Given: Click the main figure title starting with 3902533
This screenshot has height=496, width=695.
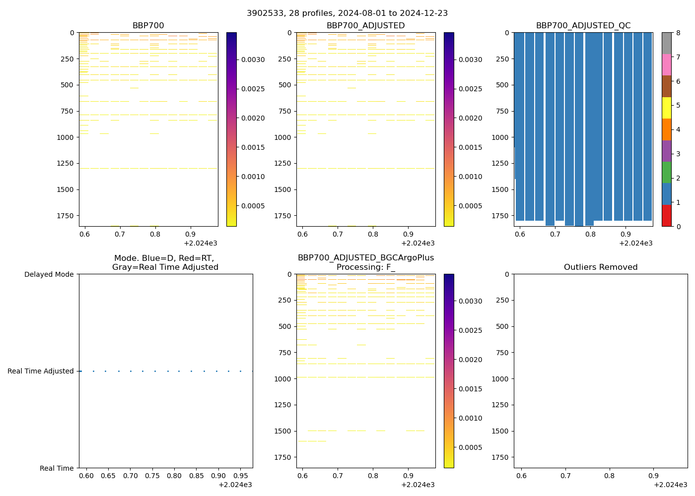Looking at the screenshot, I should point(347,13).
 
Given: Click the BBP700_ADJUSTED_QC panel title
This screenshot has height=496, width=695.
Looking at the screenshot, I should point(583,26).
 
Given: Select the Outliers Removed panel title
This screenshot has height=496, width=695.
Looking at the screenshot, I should point(600,267).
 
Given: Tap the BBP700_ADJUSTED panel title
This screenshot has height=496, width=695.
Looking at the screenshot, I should point(365,26).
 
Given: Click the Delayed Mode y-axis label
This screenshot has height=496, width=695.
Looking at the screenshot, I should point(49,274).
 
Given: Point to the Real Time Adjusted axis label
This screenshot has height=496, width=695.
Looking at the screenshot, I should point(41,371).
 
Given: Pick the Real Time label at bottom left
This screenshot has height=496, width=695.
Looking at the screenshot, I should point(57,468).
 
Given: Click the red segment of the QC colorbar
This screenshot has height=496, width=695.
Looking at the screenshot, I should point(666,215).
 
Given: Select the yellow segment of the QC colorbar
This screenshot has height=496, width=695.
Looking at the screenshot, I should point(666,108).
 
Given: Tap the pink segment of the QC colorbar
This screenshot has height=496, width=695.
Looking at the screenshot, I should point(666,64).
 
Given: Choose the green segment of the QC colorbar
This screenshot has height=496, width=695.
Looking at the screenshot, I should point(666,172).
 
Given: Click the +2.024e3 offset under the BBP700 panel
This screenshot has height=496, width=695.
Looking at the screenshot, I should point(200,243).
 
